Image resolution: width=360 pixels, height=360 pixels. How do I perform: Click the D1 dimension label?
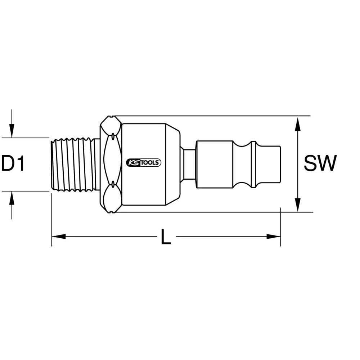tap(13, 164)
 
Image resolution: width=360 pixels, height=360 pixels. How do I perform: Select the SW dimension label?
tap(320, 164)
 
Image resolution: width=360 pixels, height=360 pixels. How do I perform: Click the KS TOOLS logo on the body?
tap(143, 163)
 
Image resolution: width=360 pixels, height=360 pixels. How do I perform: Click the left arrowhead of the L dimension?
tap(58, 237)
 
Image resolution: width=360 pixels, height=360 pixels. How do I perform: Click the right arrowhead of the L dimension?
tap(274, 237)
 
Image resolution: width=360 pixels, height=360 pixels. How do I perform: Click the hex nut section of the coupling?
tap(111, 164)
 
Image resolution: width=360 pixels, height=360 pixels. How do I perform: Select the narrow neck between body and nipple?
tap(189, 164)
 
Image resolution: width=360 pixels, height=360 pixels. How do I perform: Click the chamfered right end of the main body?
tap(173, 164)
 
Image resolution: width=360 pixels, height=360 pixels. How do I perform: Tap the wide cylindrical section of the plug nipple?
tap(214, 164)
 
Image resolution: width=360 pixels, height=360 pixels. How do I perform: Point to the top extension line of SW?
tap(216, 116)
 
